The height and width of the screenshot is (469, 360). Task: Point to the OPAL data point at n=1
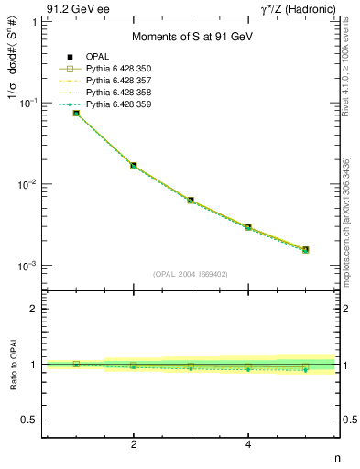(76, 113)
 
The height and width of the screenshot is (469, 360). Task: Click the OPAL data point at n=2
(134, 166)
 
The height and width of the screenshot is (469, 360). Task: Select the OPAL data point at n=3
(191, 200)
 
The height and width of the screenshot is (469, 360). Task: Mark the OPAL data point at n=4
(248, 226)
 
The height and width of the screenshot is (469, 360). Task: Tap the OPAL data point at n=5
(305, 249)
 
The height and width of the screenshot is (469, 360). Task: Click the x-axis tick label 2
(134, 444)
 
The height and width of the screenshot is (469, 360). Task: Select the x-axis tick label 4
(248, 444)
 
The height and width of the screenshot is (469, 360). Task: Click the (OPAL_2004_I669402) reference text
(191, 273)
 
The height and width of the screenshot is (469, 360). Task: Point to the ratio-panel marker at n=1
(76, 365)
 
